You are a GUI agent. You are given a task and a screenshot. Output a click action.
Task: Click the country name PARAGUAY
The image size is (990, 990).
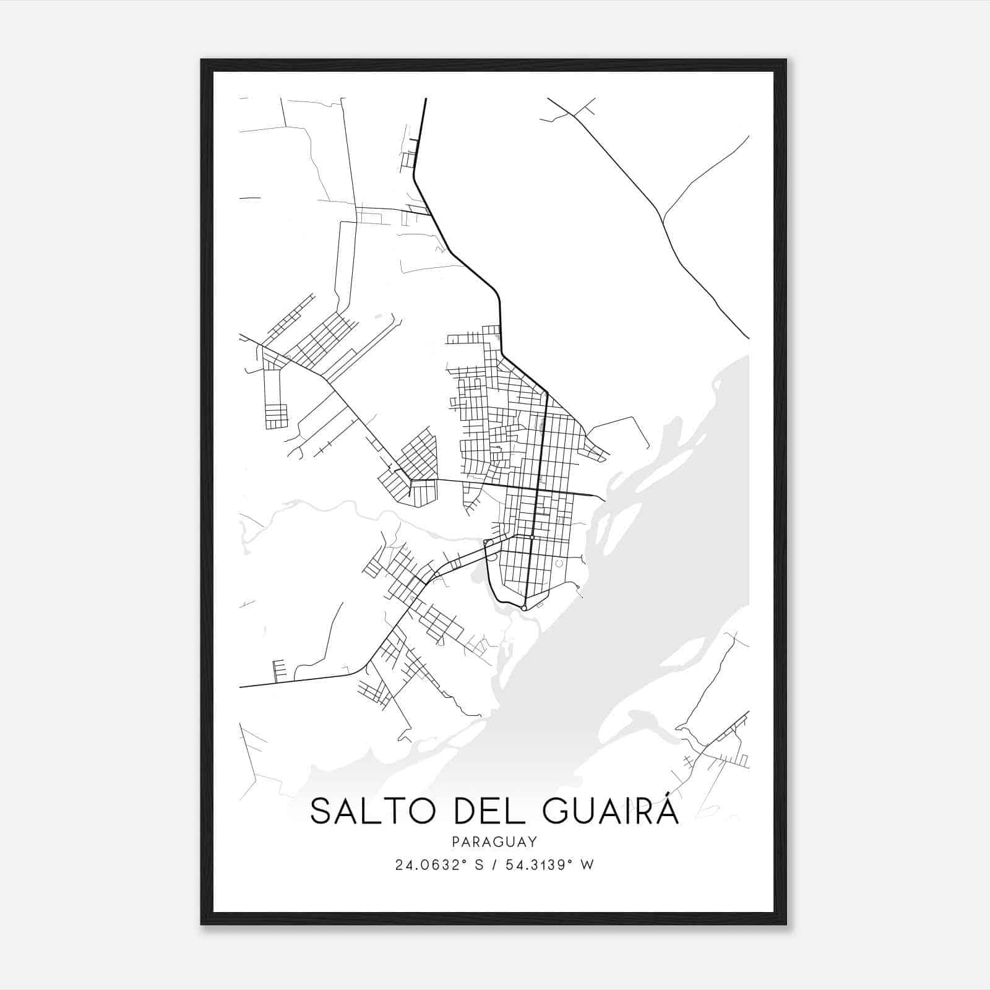[494, 841]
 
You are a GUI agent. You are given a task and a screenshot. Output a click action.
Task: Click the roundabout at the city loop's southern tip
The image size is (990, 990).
[524, 609]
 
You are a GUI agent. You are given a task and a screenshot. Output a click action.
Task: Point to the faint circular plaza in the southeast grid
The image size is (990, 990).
[559, 564]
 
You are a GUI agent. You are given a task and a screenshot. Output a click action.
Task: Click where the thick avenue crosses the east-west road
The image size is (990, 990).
[538, 491]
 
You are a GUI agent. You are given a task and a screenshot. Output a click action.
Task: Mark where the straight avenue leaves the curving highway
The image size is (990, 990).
[547, 393]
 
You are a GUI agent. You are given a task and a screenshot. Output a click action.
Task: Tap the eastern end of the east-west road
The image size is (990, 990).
[605, 500]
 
